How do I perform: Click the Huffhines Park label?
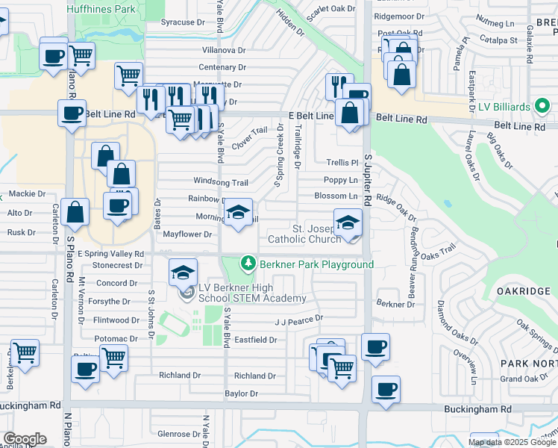click(x=102, y=9)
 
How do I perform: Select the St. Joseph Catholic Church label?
click(x=304, y=234)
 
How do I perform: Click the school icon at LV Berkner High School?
click(x=183, y=273)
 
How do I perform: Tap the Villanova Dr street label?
click(x=224, y=50)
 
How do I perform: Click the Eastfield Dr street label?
click(x=256, y=340)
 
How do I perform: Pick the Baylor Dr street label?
click(x=242, y=393)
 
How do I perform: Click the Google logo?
click(x=25, y=439)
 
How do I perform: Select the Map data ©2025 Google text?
click(x=512, y=442)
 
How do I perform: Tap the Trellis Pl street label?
click(x=342, y=162)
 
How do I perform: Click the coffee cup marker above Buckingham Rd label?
click(x=386, y=389)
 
